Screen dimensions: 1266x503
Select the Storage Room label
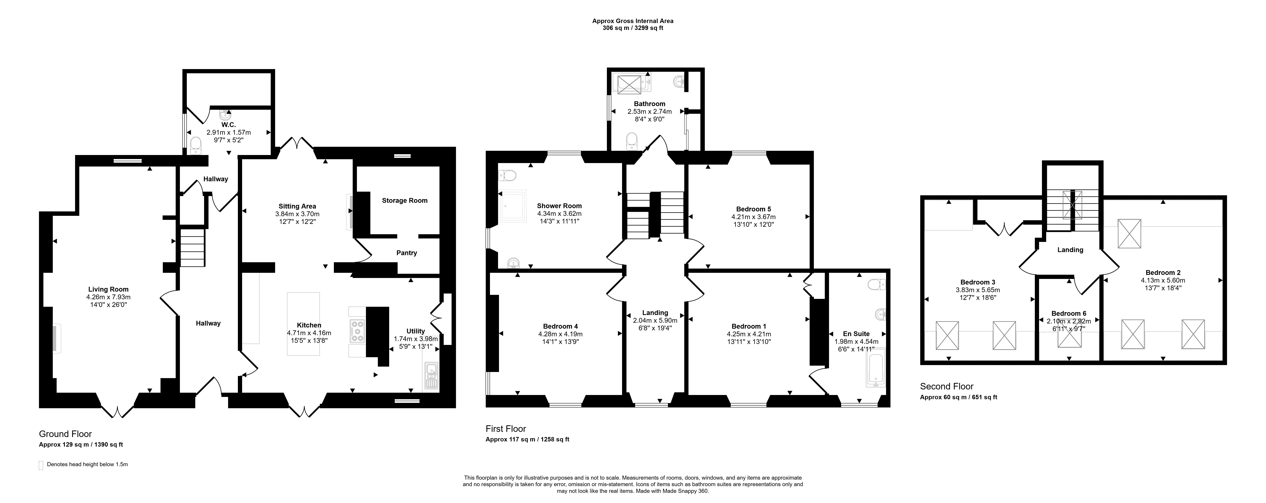point(405,200)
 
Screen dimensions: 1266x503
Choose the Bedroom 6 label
point(1069,313)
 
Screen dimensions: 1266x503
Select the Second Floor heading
point(947,387)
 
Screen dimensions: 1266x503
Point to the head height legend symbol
point(41,465)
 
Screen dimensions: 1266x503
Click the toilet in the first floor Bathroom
point(631,141)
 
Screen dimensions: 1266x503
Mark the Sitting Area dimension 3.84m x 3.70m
point(297,214)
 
